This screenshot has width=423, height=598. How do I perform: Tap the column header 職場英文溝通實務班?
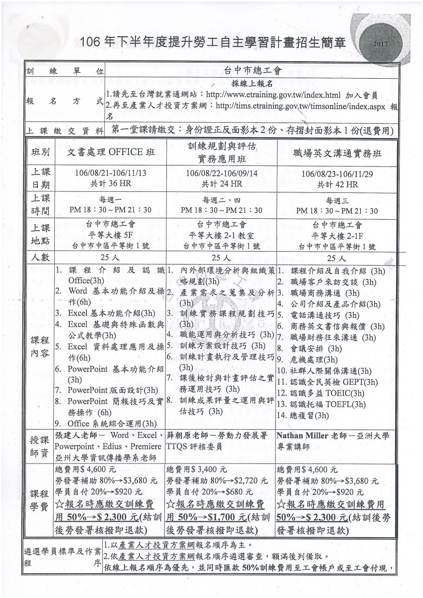point(337,153)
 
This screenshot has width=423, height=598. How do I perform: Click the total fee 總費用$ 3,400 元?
point(196,469)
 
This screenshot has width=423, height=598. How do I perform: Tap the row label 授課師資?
point(40,447)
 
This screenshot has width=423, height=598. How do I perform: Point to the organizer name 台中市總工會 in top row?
point(250,71)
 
